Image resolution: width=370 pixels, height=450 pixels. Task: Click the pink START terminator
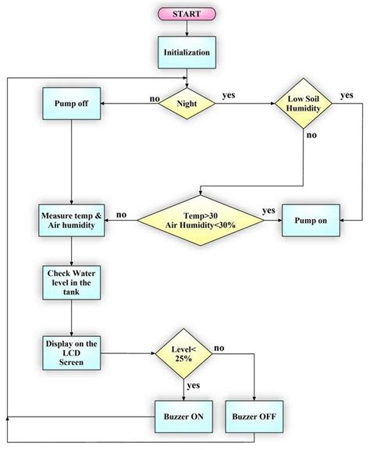[186, 15]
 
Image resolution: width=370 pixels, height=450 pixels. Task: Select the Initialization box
[186, 51]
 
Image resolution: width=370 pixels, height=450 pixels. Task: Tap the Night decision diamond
[186, 104]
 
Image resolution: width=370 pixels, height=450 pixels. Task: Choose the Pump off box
[71, 104]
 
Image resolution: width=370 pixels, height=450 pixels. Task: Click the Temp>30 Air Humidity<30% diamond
[199, 219]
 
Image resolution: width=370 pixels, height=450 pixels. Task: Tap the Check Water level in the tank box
[71, 282]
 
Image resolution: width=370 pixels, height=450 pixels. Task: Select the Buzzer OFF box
[254, 416]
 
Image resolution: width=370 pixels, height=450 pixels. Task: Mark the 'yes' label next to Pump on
[268, 211]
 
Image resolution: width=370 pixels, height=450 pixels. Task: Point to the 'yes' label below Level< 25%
[194, 386]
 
